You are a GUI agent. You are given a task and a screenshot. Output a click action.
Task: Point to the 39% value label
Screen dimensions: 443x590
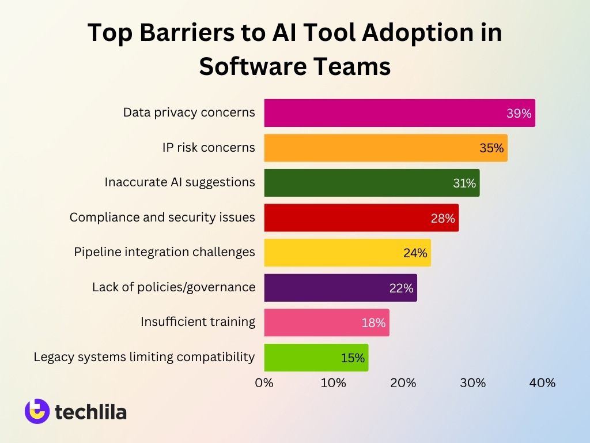coord(519,114)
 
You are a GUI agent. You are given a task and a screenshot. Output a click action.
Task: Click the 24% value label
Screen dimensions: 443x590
coord(415,253)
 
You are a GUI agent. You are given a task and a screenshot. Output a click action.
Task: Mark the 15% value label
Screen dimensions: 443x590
coord(353,358)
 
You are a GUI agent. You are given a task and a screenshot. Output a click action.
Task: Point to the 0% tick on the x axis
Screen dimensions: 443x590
coord(264,382)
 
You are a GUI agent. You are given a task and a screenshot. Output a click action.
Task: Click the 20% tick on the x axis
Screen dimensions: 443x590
coord(403,382)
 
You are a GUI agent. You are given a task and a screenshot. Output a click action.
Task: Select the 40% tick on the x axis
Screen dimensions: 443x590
coord(542,382)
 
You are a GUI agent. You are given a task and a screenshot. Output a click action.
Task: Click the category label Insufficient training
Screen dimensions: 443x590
coord(198,322)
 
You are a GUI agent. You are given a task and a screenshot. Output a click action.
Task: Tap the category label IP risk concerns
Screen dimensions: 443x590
coord(209,148)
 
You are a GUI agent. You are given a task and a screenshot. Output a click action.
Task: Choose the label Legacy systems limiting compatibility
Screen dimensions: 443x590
coord(144,357)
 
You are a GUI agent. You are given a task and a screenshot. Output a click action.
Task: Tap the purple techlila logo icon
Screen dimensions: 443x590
coord(37,411)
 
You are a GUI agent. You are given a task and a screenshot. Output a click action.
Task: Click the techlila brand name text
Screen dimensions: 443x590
coord(90,412)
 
